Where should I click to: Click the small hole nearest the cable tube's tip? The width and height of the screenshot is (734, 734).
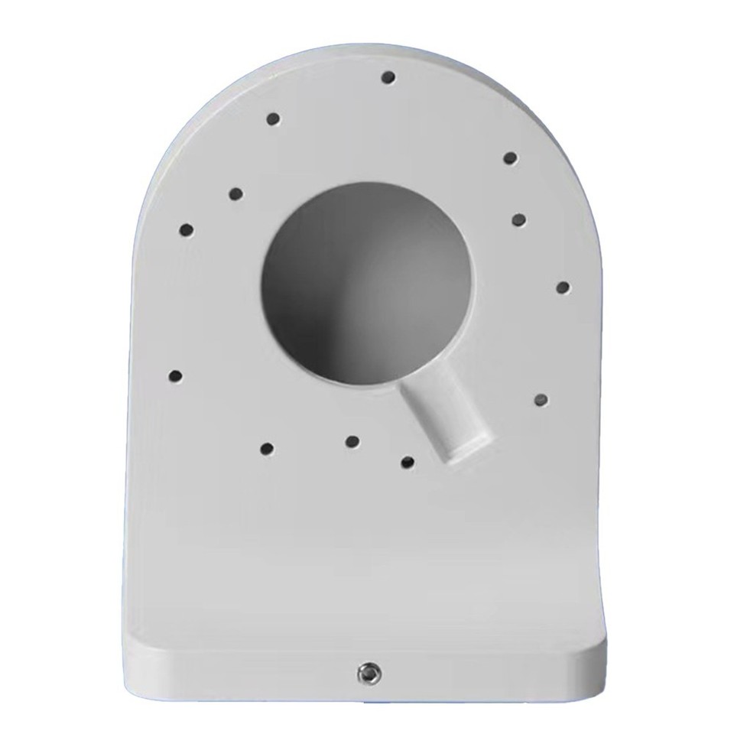coord(408,461)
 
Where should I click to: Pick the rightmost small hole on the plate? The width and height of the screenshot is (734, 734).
coord(563,287)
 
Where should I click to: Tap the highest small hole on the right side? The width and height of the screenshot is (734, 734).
coord(511,158)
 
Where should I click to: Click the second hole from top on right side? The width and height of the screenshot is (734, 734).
coord(519,219)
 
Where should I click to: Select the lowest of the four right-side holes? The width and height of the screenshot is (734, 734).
coord(541,399)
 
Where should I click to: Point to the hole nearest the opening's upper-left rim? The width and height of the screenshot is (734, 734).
coord(235,193)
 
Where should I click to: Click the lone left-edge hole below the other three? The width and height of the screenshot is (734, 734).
coord(176,375)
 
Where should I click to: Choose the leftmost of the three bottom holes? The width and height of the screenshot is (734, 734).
coord(267,447)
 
